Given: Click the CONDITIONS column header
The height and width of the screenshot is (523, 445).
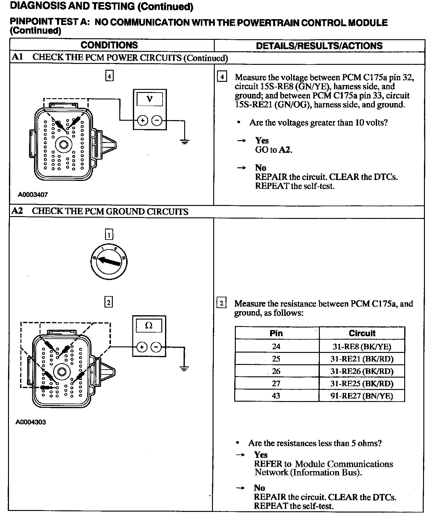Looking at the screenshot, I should [x=109, y=45].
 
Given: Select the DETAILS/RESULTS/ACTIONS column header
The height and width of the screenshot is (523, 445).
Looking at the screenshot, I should [x=319, y=46].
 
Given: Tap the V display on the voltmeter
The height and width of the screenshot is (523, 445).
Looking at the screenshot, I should [x=150, y=99].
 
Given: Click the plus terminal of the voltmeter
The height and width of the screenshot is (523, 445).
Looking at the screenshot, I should [x=142, y=120].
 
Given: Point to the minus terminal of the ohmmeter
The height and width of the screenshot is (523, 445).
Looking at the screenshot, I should [x=156, y=347].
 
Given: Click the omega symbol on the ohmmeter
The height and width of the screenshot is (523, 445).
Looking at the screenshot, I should [x=149, y=326].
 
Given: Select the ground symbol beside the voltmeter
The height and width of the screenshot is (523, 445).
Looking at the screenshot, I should [x=184, y=142].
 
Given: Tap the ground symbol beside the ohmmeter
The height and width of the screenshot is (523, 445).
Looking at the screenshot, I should [x=184, y=368].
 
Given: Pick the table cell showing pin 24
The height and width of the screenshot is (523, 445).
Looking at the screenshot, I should [x=276, y=346].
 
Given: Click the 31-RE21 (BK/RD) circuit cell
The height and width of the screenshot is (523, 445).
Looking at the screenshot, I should [x=362, y=359].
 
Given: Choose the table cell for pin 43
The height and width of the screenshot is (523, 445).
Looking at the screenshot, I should [x=276, y=395].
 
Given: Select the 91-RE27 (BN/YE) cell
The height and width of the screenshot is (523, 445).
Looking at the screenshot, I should [x=362, y=395].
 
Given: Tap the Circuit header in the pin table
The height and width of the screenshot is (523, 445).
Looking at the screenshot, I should [x=362, y=333].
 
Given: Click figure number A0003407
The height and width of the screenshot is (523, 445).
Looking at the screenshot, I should [x=33, y=195].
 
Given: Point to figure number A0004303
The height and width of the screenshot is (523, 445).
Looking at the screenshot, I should [x=31, y=422].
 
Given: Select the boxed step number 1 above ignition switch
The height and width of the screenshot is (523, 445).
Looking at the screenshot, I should [x=109, y=235].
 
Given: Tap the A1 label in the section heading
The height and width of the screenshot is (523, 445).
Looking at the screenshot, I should [x=17, y=57].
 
